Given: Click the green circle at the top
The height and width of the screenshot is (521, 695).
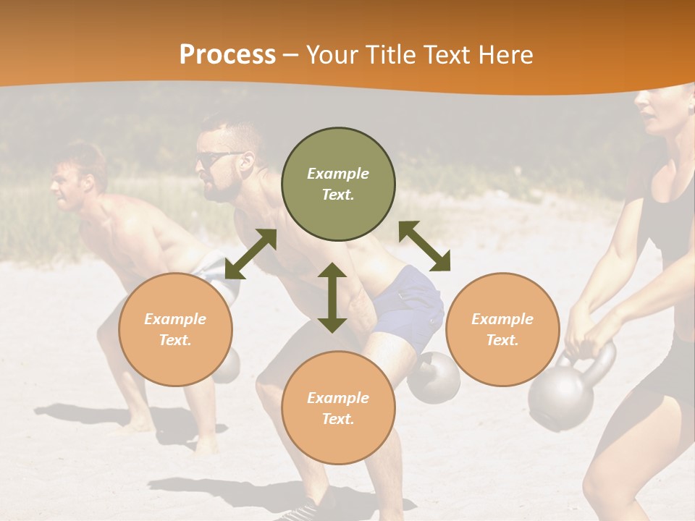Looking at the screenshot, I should (338, 185).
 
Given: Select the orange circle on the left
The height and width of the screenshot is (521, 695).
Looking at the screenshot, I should (175, 329).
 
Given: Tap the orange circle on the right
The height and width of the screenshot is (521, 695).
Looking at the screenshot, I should (502, 329).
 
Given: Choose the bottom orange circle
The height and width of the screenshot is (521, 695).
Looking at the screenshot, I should (338, 408).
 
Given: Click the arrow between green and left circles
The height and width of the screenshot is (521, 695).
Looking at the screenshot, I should (250, 254).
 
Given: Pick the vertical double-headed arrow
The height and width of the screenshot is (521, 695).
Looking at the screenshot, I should (332, 297).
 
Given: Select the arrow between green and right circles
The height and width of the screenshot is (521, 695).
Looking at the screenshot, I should (424, 246).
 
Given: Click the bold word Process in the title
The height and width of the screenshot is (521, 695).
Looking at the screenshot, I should (227, 54).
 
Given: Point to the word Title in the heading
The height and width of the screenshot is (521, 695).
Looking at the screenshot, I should (387, 54).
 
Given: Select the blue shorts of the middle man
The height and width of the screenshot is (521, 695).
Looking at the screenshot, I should (410, 308).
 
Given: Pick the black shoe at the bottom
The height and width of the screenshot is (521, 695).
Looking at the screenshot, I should (300, 510).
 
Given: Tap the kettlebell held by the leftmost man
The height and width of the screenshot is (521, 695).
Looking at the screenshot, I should (226, 365).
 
